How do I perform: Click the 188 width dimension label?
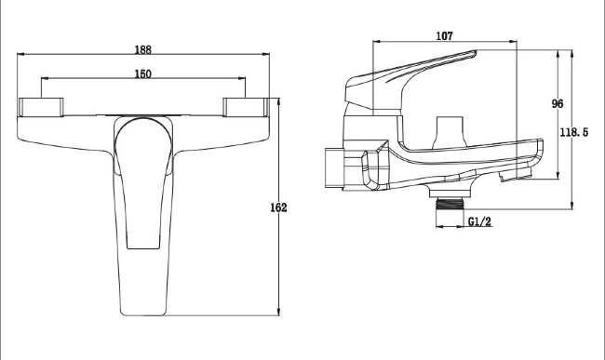coord(143,49)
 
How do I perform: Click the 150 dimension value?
coord(143,74)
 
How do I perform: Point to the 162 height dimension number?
coord(278,207)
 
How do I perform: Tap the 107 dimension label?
coord(445,36)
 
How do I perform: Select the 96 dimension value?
coord(558,103)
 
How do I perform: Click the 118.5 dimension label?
coord(574,132)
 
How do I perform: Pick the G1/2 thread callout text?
coord(480,221)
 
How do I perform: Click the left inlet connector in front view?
coord(41,107)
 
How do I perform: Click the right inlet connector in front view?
coord(246,107)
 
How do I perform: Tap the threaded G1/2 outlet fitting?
coord(450,204)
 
